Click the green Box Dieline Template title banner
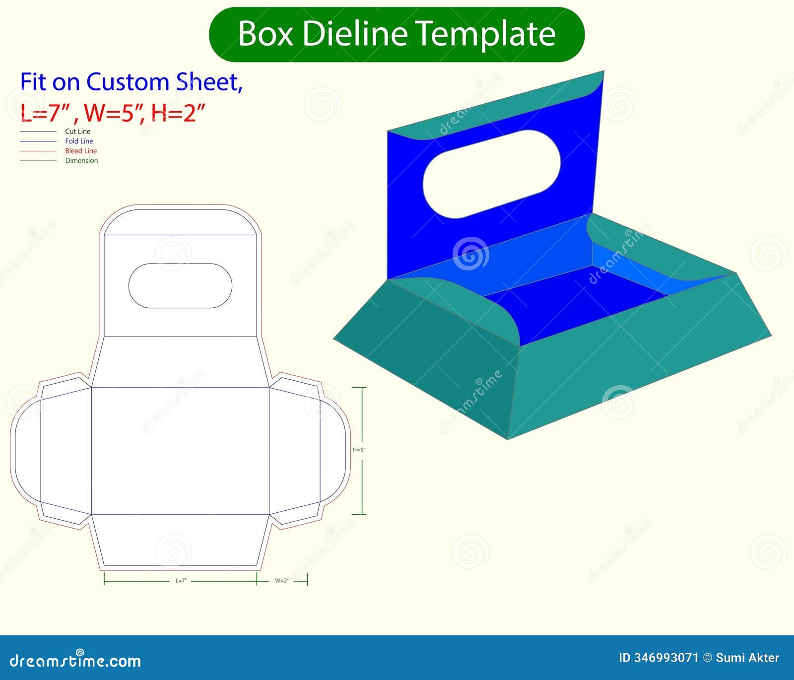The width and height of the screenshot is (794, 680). (397, 34)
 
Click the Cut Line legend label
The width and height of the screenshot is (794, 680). (78, 132)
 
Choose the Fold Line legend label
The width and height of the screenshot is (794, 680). (79, 141)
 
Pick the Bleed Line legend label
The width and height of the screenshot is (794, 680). (81, 151)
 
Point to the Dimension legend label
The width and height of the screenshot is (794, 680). (81, 160)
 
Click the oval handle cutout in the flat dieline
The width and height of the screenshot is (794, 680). (180, 285)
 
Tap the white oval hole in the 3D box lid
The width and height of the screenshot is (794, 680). (491, 174)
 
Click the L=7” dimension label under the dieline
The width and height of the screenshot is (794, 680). (181, 580)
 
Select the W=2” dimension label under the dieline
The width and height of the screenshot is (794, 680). (282, 580)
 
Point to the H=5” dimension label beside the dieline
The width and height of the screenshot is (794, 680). (359, 450)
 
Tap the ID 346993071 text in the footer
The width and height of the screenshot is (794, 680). (658, 658)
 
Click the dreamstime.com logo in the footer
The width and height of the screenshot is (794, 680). (75, 660)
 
